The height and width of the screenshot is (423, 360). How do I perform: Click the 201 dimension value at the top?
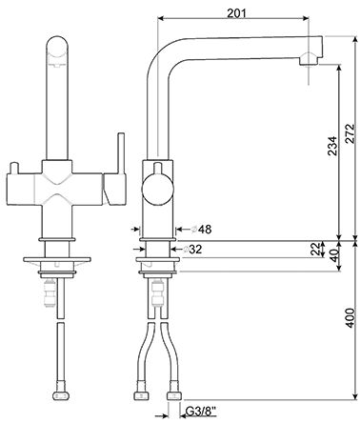coord(236,12)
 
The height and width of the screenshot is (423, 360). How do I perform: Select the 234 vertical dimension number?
coord(332,146)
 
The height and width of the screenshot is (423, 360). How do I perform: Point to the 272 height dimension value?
coord(350,133)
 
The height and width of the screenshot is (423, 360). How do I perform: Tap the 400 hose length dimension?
coord(350,318)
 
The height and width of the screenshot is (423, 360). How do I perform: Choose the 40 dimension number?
coord(333,255)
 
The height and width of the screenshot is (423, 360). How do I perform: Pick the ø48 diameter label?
coord(201,229)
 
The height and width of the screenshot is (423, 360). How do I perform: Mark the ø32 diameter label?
coord(192,250)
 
